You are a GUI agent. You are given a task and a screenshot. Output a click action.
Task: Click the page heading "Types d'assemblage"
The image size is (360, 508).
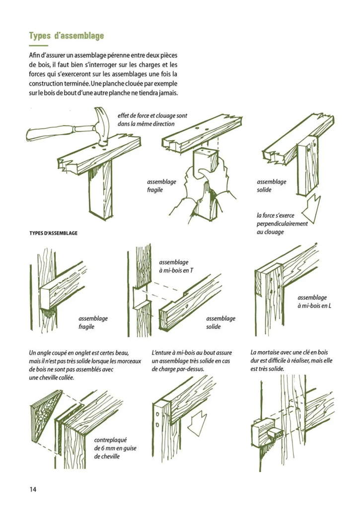66,36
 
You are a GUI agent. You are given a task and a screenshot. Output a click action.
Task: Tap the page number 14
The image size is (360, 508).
33,489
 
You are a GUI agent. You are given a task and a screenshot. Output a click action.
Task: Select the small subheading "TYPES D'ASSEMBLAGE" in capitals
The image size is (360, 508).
53,233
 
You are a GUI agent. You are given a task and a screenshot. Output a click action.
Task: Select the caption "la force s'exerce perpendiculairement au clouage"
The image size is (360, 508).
282,224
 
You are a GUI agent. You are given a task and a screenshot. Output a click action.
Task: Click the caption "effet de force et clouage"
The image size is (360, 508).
152,120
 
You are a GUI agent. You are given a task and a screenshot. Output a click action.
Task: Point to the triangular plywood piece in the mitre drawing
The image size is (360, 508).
47,410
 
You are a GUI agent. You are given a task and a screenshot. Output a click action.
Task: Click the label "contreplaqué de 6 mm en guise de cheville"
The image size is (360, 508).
115,448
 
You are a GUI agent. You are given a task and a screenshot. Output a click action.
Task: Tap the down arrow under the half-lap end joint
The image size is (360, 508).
198,422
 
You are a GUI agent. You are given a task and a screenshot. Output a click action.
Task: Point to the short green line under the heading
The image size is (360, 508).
38,46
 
